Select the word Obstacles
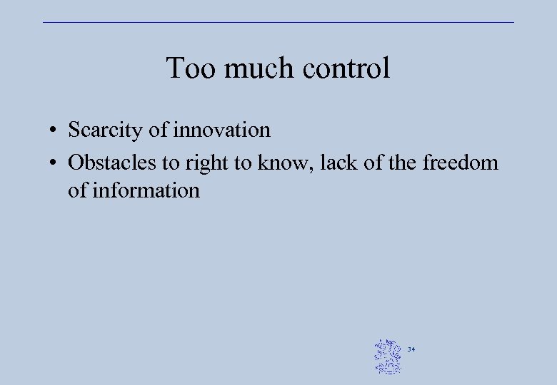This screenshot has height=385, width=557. (x=112, y=163)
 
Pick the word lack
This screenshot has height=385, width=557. (x=337, y=163)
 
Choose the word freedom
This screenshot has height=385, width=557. (x=460, y=163)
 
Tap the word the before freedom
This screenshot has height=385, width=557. (x=403, y=163)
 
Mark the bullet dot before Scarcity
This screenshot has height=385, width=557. (x=54, y=131)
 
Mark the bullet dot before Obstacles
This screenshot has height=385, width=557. (x=54, y=163)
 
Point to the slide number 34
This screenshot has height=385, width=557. (x=411, y=349)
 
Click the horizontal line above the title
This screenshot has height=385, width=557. (x=278, y=22)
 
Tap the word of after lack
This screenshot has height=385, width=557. (x=373, y=163)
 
